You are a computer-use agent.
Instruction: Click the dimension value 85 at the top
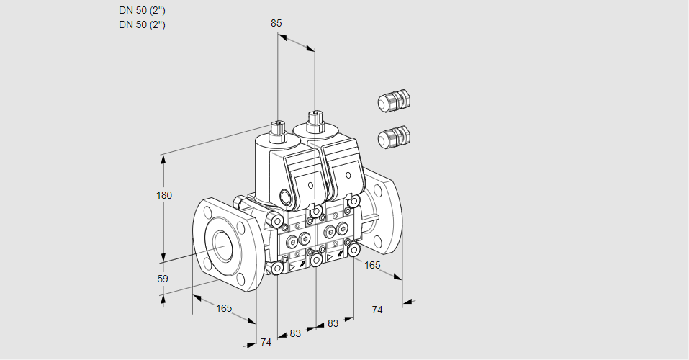(x=276, y=23)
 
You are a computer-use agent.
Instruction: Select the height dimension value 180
(x=164, y=195)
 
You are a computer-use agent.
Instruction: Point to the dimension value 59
(x=163, y=279)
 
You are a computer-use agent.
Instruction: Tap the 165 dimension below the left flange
(x=224, y=309)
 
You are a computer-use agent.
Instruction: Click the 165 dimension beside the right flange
(x=372, y=265)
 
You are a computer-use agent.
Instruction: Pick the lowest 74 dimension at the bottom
(x=266, y=342)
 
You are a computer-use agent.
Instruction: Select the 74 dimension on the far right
(x=377, y=310)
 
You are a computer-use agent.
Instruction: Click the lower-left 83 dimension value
(x=295, y=333)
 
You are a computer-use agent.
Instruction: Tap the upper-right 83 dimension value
(x=333, y=323)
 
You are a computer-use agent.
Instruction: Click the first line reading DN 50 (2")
(x=142, y=11)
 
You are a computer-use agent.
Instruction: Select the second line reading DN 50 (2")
(x=142, y=24)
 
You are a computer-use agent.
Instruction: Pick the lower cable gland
(x=394, y=137)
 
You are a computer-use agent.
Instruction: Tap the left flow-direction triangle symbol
(x=292, y=266)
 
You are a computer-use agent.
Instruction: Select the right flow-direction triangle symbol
(x=330, y=257)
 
